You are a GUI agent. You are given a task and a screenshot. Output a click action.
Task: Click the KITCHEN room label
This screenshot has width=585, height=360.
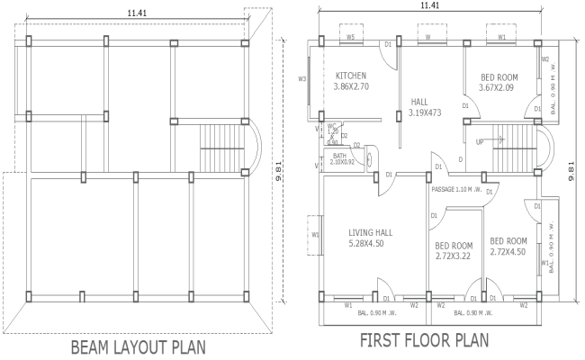pos(350,75)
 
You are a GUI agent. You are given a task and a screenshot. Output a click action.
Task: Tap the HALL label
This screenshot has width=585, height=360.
pos(419,102)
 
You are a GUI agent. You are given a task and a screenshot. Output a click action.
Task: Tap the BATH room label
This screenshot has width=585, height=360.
pos(338,155)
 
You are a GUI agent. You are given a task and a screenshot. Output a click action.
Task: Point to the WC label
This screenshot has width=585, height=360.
pos(332,126)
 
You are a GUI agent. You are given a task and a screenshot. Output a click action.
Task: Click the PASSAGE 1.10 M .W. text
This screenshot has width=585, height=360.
pos(458,190)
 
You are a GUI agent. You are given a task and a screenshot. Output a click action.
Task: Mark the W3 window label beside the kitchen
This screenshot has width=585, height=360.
pos(303,80)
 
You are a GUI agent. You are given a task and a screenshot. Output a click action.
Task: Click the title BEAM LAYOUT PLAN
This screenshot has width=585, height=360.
pos(140,346)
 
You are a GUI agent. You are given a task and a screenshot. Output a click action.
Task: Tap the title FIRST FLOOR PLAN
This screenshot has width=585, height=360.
pos(424,341)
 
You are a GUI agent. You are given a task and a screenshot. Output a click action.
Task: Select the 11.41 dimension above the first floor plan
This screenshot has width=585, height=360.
pos(430,6)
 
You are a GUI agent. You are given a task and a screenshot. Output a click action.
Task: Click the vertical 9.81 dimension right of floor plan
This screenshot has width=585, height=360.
pos(572,166)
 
